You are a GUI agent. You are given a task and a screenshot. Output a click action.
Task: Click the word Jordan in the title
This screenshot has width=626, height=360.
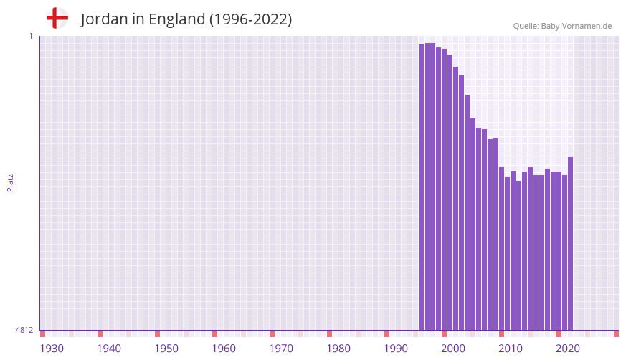(x=103, y=19)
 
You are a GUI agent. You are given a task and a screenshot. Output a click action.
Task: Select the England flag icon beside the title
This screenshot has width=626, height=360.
(x=57, y=18)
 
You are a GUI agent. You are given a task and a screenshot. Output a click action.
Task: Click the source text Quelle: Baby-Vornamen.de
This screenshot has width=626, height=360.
(x=562, y=26)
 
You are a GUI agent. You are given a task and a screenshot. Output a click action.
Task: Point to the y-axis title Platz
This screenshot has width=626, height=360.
(x=10, y=182)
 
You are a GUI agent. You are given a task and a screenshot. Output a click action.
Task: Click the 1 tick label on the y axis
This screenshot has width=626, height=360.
(x=30, y=36)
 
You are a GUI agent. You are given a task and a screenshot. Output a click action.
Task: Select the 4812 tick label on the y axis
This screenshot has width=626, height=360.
(x=24, y=331)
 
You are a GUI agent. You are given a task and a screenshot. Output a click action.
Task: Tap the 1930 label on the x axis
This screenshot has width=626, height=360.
(x=52, y=349)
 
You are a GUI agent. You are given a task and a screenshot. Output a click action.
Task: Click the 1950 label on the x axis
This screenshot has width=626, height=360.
(x=166, y=349)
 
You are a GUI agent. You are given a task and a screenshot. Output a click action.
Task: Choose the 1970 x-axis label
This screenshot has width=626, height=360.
(x=281, y=349)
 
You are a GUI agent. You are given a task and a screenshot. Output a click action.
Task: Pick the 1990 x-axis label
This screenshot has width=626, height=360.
(x=396, y=349)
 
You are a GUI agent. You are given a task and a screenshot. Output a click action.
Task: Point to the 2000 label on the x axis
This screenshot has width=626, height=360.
(x=453, y=349)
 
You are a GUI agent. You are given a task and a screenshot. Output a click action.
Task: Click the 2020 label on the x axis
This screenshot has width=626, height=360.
(x=568, y=349)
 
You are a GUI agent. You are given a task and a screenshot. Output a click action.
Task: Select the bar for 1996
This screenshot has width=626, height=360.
(x=422, y=186)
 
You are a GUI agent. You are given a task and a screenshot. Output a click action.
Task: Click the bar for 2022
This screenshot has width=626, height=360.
(x=570, y=244)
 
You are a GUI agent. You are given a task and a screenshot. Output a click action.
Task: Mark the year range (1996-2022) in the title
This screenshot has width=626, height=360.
(x=250, y=19)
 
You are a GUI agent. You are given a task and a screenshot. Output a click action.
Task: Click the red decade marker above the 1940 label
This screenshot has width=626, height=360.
(x=100, y=333)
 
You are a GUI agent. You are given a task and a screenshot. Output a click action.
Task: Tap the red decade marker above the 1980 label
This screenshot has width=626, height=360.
(x=330, y=333)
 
